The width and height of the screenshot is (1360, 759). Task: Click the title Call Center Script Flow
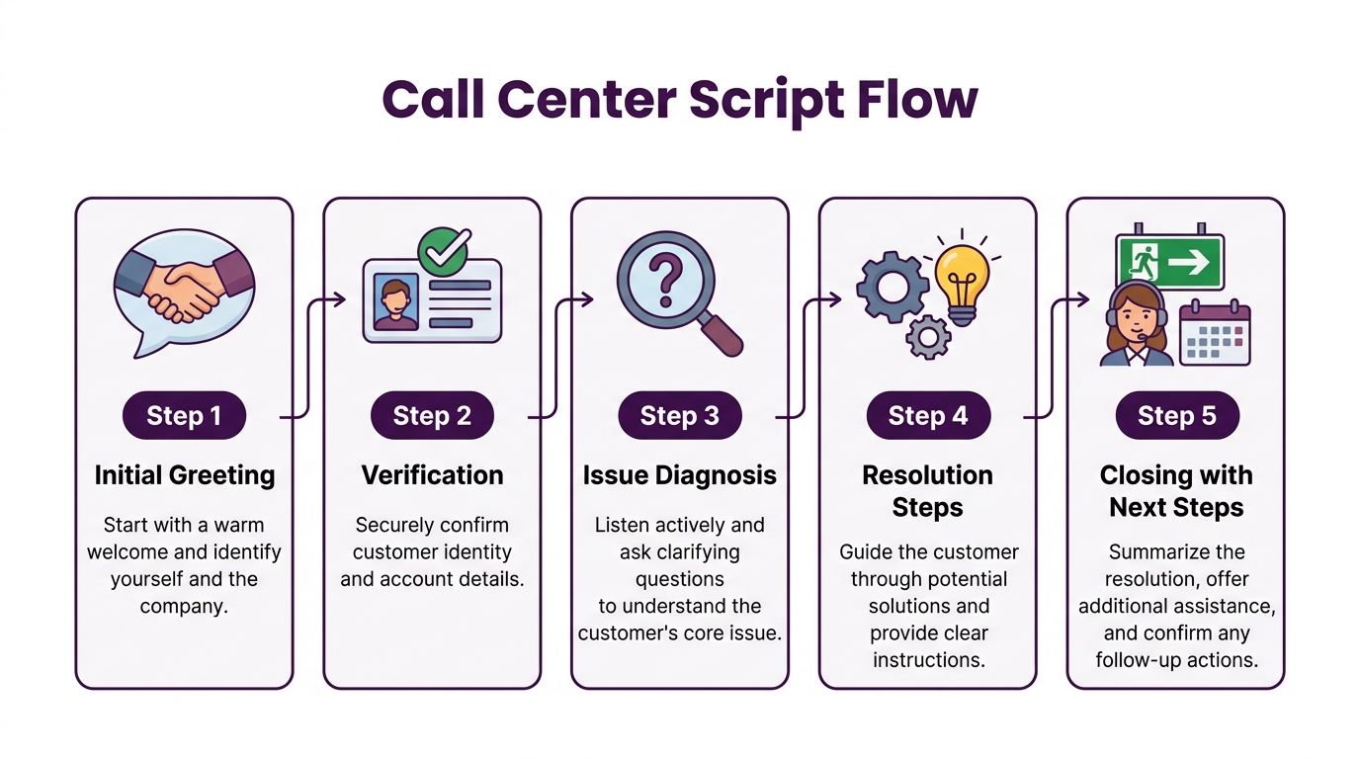coord(680,100)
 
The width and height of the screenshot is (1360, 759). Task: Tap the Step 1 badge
coord(184,416)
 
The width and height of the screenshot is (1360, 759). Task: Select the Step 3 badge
coord(680,416)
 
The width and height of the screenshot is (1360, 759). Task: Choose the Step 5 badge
coord(1176,416)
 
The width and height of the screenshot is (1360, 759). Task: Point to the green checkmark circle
coord(444,252)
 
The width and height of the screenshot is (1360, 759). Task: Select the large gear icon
coord(892,287)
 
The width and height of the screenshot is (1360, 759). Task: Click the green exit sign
coord(1169,261)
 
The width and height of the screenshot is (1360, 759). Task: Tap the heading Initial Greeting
coord(185,475)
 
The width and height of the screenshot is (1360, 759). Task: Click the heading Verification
coord(432,475)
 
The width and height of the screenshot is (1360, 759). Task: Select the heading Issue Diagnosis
coord(680,475)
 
